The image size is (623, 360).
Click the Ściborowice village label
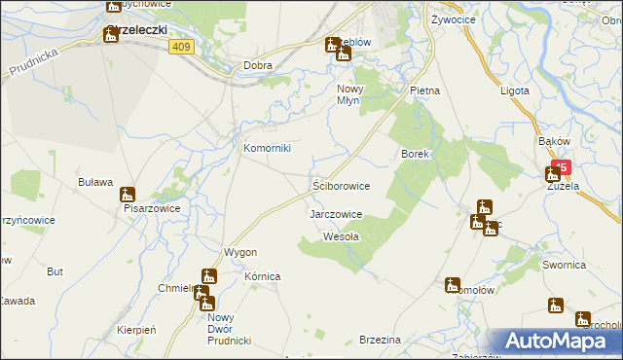[340, 184]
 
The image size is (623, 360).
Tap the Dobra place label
[258, 66]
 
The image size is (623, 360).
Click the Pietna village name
[424, 90]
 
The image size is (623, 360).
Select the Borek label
[416, 154]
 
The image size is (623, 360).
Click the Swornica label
[565, 265]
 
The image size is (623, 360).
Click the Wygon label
[239, 252]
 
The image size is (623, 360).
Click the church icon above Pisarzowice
[128, 195]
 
